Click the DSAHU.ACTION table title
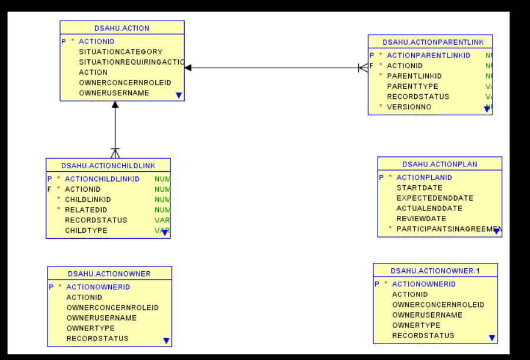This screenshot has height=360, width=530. tap(122, 28)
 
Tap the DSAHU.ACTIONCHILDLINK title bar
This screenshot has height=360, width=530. tap(108, 165)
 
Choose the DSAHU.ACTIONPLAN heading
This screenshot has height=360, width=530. tap(439, 164)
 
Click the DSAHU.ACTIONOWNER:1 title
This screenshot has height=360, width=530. tap(435, 271)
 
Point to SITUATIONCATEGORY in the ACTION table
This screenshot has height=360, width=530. tap(121, 52)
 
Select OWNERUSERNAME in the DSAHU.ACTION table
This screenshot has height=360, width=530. tap(114, 93)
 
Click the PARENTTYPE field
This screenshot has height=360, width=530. tap(412, 86)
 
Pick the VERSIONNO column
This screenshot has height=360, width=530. tap(409, 107)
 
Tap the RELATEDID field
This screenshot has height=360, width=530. tap(86, 210)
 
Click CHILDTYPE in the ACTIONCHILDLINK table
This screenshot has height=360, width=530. tap(86, 231)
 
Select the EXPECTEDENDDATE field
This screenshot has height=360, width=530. tap(435, 198)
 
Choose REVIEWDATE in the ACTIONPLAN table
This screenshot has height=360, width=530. tap(421, 219)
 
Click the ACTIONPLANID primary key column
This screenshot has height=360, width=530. tap(424, 178)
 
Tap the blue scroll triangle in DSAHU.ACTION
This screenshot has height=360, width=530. tap(179, 95)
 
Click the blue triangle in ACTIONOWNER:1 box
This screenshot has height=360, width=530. tap(492, 338)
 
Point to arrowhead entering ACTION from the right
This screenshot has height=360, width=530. tap(188, 68)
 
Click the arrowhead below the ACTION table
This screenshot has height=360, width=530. tap(115, 105)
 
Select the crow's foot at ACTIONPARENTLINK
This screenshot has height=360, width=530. tap(363, 68)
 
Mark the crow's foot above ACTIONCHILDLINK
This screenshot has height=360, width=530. tap(115, 153)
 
